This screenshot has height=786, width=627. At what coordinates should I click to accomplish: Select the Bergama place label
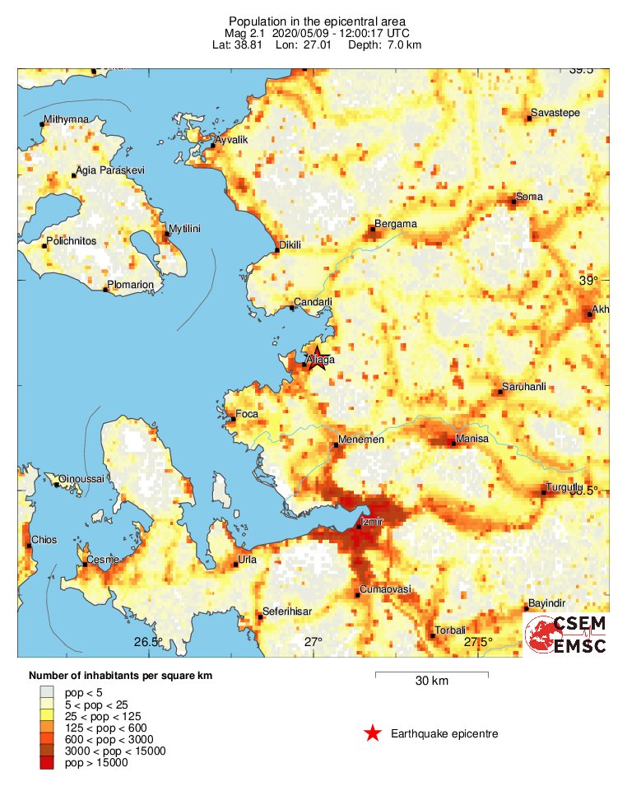[396, 224]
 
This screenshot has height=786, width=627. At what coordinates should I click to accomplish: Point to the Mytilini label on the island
[185, 228]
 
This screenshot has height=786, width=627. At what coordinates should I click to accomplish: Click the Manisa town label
[472, 439]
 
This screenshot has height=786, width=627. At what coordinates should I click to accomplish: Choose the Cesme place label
[103, 560]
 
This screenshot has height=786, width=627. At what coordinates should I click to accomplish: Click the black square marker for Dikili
[276, 250]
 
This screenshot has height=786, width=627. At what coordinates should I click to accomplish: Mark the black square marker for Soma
[513, 201]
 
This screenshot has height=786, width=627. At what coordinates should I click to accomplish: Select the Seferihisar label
[287, 612]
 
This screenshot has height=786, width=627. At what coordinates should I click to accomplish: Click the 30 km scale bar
[432, 674]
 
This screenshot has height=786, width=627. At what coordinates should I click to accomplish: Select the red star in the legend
[373, 733]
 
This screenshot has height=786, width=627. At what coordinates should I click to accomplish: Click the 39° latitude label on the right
[589, 281]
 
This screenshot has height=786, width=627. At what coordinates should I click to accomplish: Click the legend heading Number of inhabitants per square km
[120, 676]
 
